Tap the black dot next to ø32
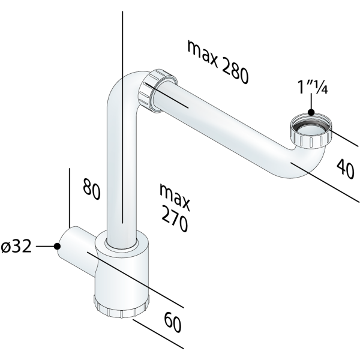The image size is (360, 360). [57, 246]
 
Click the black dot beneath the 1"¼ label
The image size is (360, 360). [311, 112]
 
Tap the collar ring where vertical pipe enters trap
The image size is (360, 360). [124, 243]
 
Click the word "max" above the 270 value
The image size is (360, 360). [175, 194]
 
